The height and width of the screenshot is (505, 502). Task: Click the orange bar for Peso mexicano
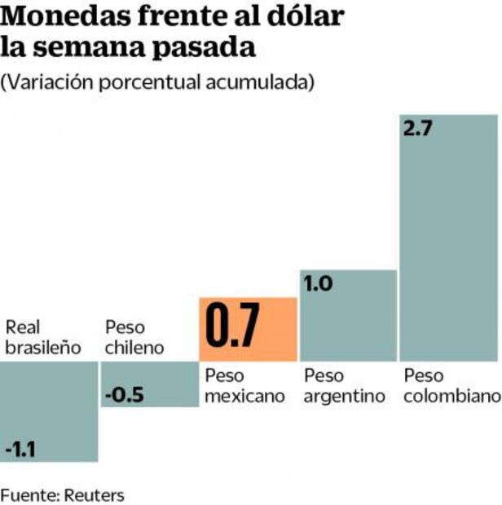(248, 330)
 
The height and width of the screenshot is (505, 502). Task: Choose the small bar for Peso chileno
(149, 384)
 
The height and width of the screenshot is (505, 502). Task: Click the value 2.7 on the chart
(418, 130)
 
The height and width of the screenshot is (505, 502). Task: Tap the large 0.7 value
(232, 328)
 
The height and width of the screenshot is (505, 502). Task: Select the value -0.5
(125, 396)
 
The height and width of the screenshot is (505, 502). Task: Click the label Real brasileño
(43, 338)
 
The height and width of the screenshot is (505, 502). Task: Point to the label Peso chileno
(134, 338)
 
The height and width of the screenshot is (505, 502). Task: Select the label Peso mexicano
(244, 386)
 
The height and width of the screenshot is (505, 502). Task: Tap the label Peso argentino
(344, 386)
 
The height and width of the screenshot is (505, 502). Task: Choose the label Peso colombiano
(451, 386)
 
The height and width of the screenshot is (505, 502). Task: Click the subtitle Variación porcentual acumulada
(158, 82)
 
